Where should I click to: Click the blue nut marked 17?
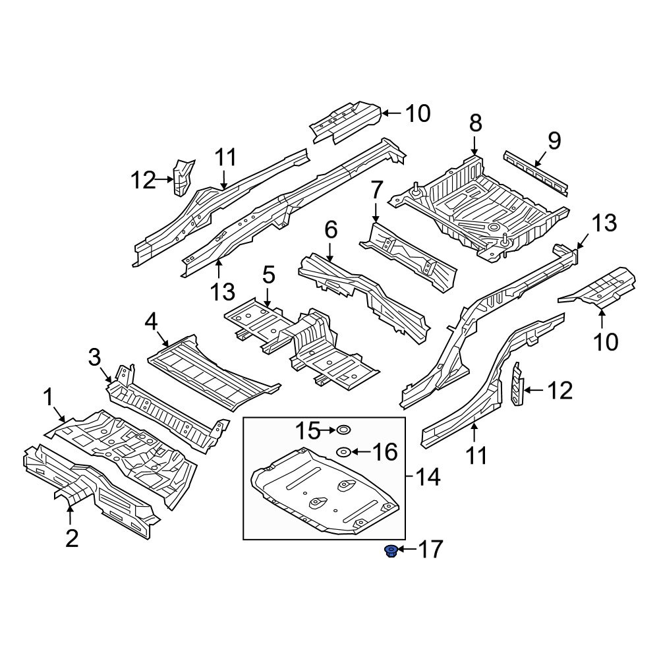391,550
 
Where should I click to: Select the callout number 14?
428,477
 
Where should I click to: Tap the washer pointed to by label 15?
343,430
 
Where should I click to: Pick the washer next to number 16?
343,452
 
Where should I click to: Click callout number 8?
475,124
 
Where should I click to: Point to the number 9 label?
554,141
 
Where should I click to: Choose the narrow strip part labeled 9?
536,174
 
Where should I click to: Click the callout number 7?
376,190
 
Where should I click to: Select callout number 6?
331,230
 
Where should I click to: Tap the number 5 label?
269,275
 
